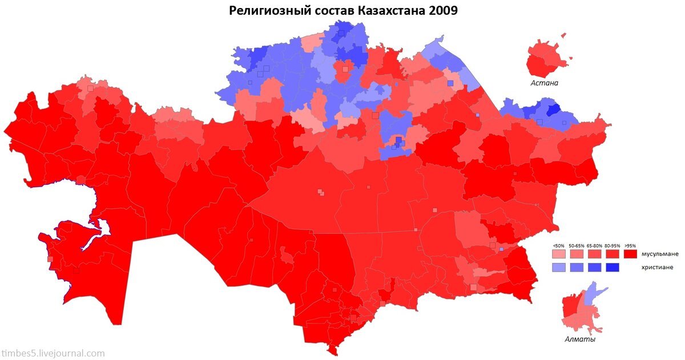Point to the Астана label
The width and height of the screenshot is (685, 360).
(544, 83)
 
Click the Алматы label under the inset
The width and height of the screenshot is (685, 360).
(580, 339)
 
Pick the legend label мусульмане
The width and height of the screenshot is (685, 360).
(660, 253)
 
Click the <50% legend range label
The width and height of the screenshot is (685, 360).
(558, 245)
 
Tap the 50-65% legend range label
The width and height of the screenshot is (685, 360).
(577, 245)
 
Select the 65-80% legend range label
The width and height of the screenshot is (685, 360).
(594, 245)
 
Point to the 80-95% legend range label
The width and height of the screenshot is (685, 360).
(612, 245)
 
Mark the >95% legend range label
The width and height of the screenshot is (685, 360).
(630, 245)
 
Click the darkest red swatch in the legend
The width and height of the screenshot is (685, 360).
(630, 253)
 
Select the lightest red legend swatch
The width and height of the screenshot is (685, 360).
(558, 253)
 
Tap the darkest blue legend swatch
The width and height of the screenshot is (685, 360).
(612, 267)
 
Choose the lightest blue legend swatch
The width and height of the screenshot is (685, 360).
(558, 267)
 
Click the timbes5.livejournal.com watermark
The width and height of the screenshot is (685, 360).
(53, 354)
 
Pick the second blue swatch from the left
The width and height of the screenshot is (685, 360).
(577, 267)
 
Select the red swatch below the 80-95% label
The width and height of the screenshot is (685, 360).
(612, 253)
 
